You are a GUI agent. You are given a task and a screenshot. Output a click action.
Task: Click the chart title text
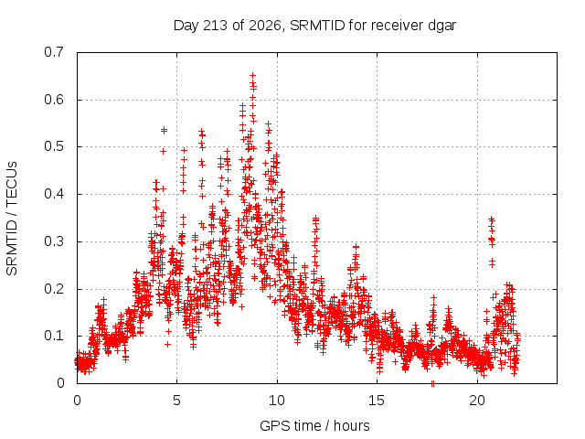314,26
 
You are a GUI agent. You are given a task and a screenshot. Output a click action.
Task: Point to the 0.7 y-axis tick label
55,52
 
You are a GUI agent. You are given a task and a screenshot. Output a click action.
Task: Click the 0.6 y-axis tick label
55,100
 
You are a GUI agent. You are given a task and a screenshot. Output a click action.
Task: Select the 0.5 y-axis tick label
55,146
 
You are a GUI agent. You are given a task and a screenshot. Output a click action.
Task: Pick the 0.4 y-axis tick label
55,194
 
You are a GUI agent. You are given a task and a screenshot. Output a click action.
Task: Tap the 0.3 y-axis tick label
55,241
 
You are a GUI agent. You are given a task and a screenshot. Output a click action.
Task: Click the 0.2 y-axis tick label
55,289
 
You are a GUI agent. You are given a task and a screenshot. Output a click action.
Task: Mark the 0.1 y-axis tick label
55,336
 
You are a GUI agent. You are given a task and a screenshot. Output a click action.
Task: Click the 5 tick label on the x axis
176,401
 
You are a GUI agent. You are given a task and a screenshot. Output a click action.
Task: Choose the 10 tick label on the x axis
277,401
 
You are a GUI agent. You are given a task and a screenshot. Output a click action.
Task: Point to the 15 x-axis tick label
377,401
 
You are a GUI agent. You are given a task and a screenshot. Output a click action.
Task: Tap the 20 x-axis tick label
477,401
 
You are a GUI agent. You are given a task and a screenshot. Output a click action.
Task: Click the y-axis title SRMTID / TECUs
12,219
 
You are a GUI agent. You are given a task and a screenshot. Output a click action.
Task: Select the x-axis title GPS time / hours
314,426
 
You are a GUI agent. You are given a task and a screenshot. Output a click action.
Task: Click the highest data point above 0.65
253,76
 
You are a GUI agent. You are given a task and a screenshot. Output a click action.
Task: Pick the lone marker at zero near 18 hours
432,384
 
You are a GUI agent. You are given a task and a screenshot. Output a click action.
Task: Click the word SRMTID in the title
317,26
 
